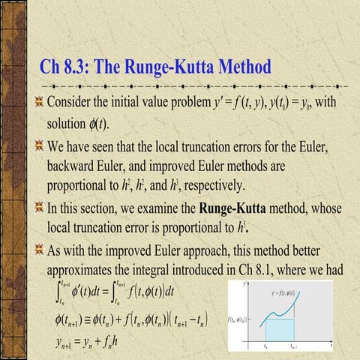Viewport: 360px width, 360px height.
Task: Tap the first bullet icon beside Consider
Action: [x=37, y=101]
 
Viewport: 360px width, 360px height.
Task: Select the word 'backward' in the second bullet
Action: [x=74, y=166]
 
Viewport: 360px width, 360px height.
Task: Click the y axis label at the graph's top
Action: [x=245, y=283]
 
